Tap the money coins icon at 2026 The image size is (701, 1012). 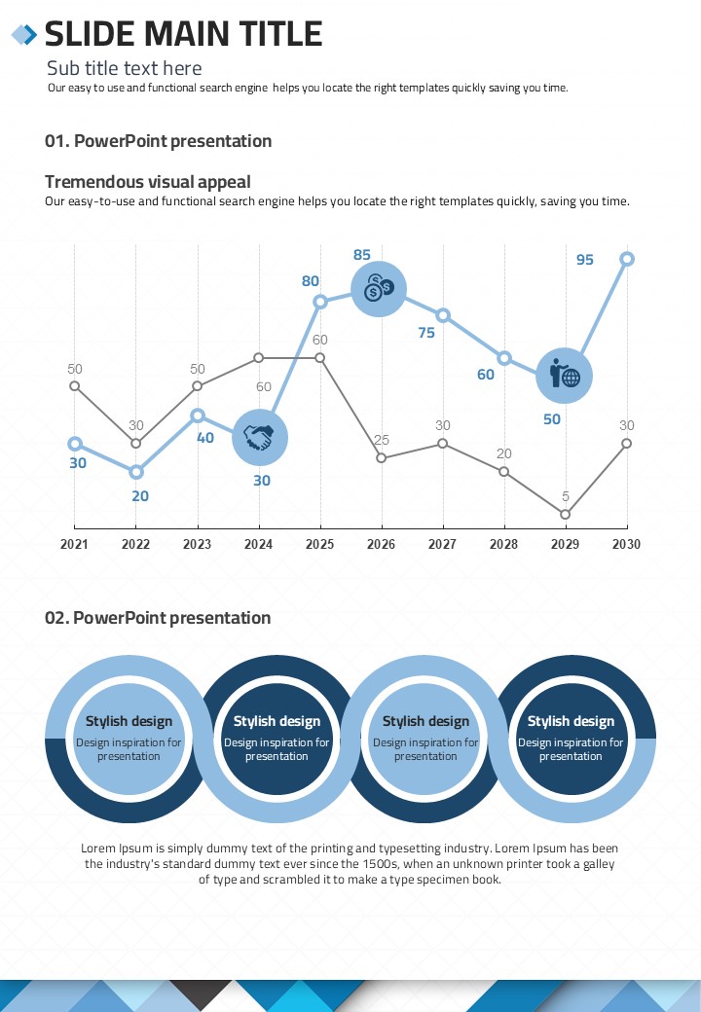click(379, 288)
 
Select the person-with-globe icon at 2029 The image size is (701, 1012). click(565, 375)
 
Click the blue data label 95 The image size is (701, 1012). click(584, 260)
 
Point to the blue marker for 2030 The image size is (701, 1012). click(627, 259)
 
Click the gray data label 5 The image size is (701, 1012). click(566, 496)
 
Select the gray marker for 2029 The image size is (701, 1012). click(566, 514)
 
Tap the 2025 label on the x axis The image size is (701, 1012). click(320, 544)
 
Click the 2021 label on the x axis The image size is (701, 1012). click(74, 544)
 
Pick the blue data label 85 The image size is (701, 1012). click(362, 255)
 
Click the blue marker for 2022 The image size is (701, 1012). click(136, 472)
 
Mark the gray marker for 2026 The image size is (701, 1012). click(382, 457)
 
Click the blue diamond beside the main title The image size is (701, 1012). click(23, 35)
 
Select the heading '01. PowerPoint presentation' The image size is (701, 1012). click(159, 141)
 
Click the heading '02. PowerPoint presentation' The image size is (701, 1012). click(158, 618)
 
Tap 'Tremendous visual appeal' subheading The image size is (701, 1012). click(148, 181)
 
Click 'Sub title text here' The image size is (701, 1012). click(125, 68)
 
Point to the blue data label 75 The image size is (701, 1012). click(426, 332)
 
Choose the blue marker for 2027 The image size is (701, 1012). click(443, 315)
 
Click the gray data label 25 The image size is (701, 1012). click(382, 440)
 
